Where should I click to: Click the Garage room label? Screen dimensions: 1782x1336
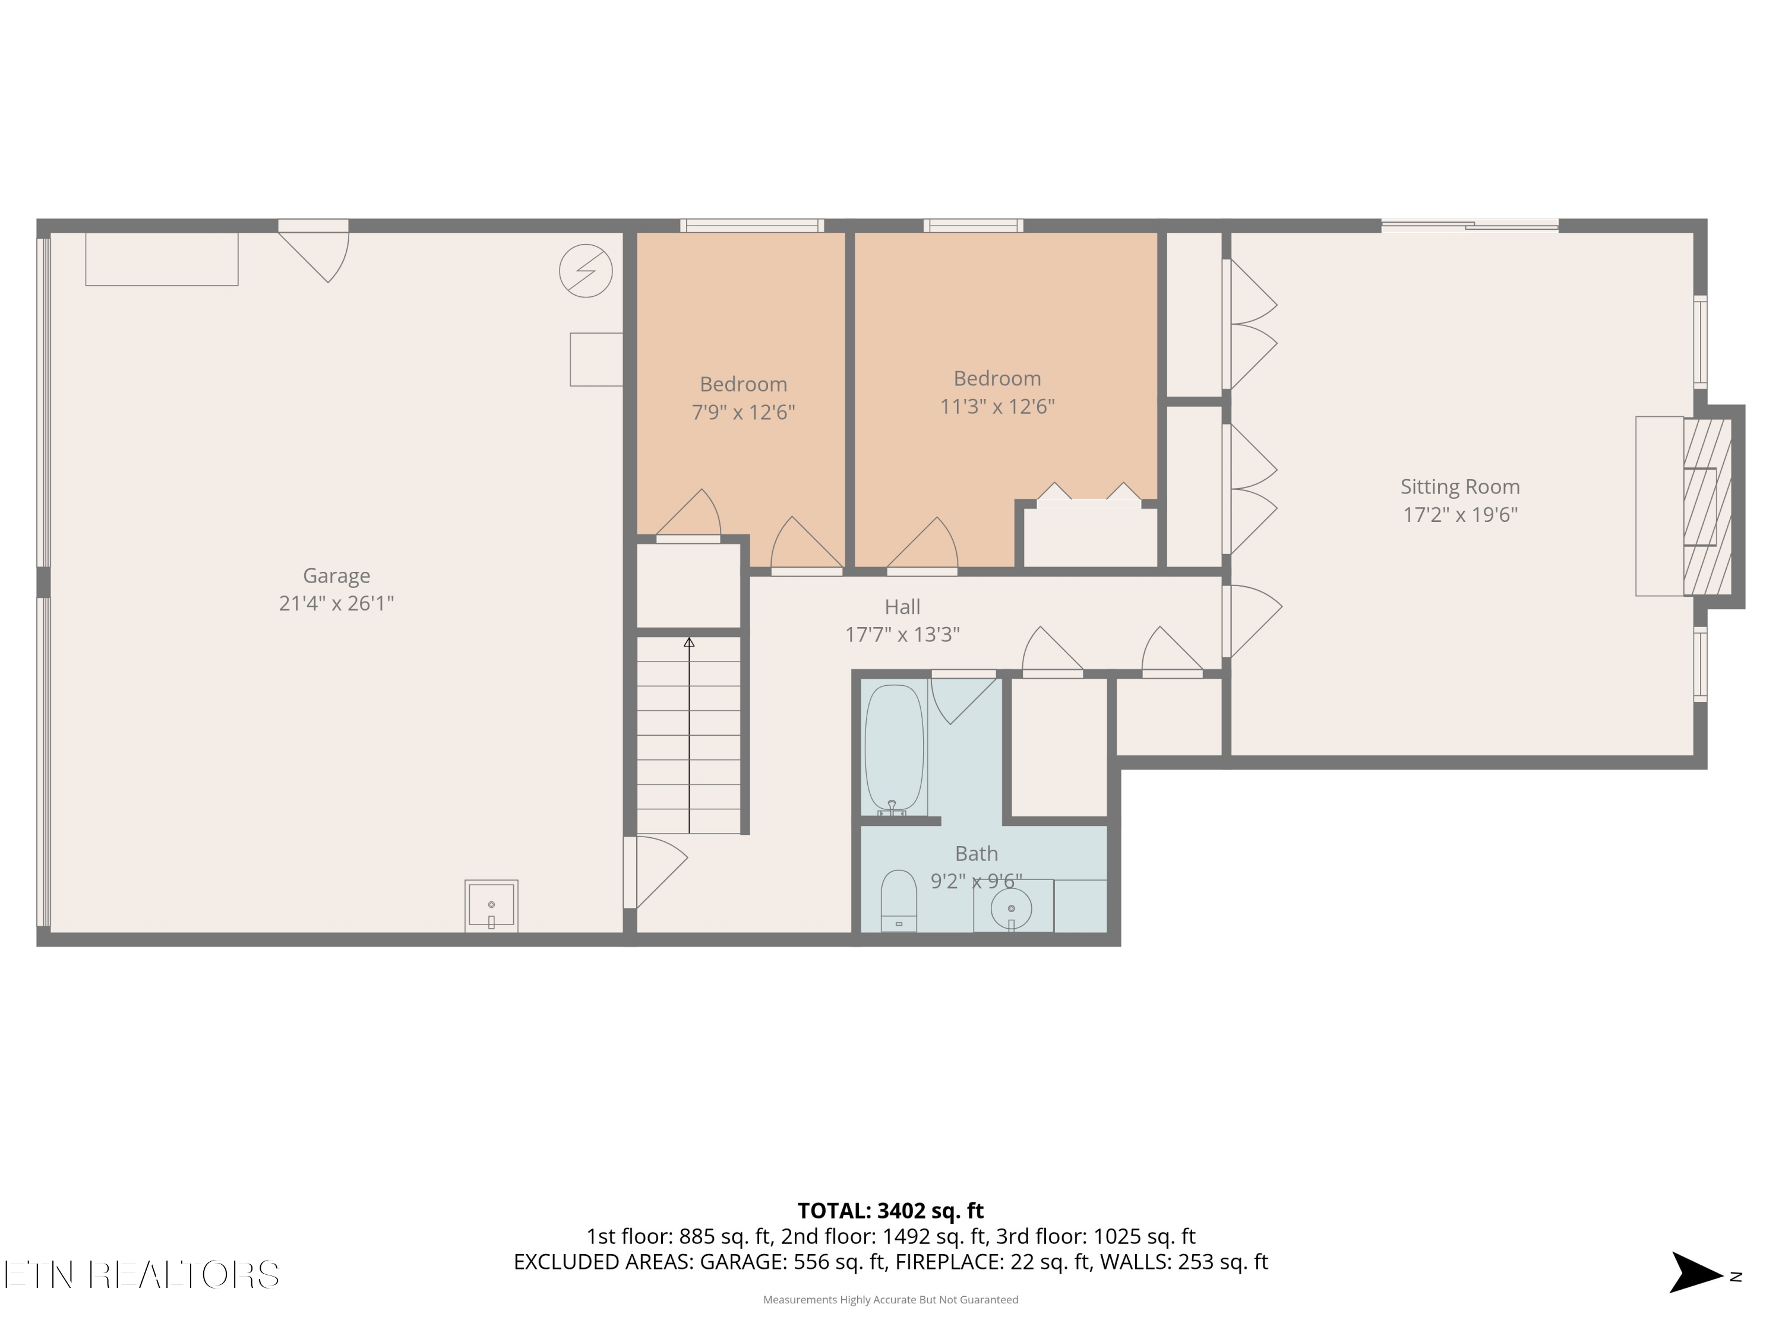point(336,576)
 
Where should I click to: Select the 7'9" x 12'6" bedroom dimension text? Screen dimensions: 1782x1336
point(742,412)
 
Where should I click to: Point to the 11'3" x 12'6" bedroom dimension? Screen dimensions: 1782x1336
point(997,407)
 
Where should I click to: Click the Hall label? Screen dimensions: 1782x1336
point(902,607)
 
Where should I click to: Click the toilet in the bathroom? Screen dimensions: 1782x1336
point(898,900)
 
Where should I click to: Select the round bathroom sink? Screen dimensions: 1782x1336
point(1011,908)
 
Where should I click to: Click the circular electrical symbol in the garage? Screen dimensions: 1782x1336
point(586,271)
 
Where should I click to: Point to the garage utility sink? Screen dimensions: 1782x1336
point(491,906)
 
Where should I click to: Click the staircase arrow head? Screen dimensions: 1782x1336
point(689,642)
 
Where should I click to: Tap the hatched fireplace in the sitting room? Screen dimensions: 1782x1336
point(1707,506)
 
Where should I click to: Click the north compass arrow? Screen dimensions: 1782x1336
point(1695,1272)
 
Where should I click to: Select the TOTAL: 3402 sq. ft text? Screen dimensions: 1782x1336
point(890,1211)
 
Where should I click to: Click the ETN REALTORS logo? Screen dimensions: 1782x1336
point(142,1274)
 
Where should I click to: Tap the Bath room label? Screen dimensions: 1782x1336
point(977,854)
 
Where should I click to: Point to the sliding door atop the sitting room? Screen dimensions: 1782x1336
point(1470,226)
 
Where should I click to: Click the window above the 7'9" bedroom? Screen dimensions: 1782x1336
point(751,226)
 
